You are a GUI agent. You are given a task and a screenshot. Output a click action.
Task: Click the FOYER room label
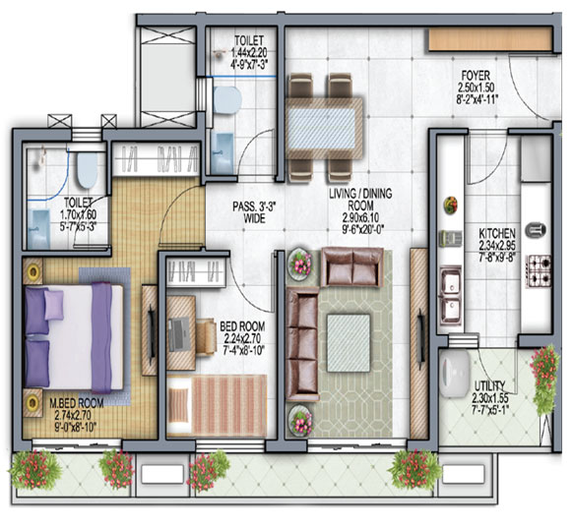pos(476,76)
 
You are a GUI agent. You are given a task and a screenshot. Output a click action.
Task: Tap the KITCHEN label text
pos(497,233)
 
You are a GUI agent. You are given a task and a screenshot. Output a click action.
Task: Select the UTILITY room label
pos(489,385)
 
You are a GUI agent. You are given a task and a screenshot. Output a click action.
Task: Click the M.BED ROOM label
pos(77,403)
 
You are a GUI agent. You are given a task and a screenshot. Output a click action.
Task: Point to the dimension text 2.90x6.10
pos(360,218)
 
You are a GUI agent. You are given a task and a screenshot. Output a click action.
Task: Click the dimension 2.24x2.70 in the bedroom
pos(242,338)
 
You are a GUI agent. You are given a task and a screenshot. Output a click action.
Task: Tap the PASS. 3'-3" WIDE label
pos(254,212)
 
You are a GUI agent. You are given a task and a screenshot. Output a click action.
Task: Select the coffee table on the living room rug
pos(349,343)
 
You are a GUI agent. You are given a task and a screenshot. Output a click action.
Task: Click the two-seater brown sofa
pos(352,266)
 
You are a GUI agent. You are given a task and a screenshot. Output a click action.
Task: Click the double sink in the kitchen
pos(451,295)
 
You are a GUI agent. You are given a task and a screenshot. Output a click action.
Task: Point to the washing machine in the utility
pos(455,374)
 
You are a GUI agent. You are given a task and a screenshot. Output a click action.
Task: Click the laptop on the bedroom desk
pos(179,334)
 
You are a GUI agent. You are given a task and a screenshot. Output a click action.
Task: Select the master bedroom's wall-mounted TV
pos(151,334)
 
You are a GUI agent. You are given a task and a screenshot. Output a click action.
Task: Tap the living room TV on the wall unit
pos(420,336)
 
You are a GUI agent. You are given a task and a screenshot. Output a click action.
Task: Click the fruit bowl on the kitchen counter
pos(451,205)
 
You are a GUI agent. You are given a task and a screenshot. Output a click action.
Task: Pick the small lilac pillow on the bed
pos(54,305)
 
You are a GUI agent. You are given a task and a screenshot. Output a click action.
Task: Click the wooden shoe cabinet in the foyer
pos(490,39)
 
